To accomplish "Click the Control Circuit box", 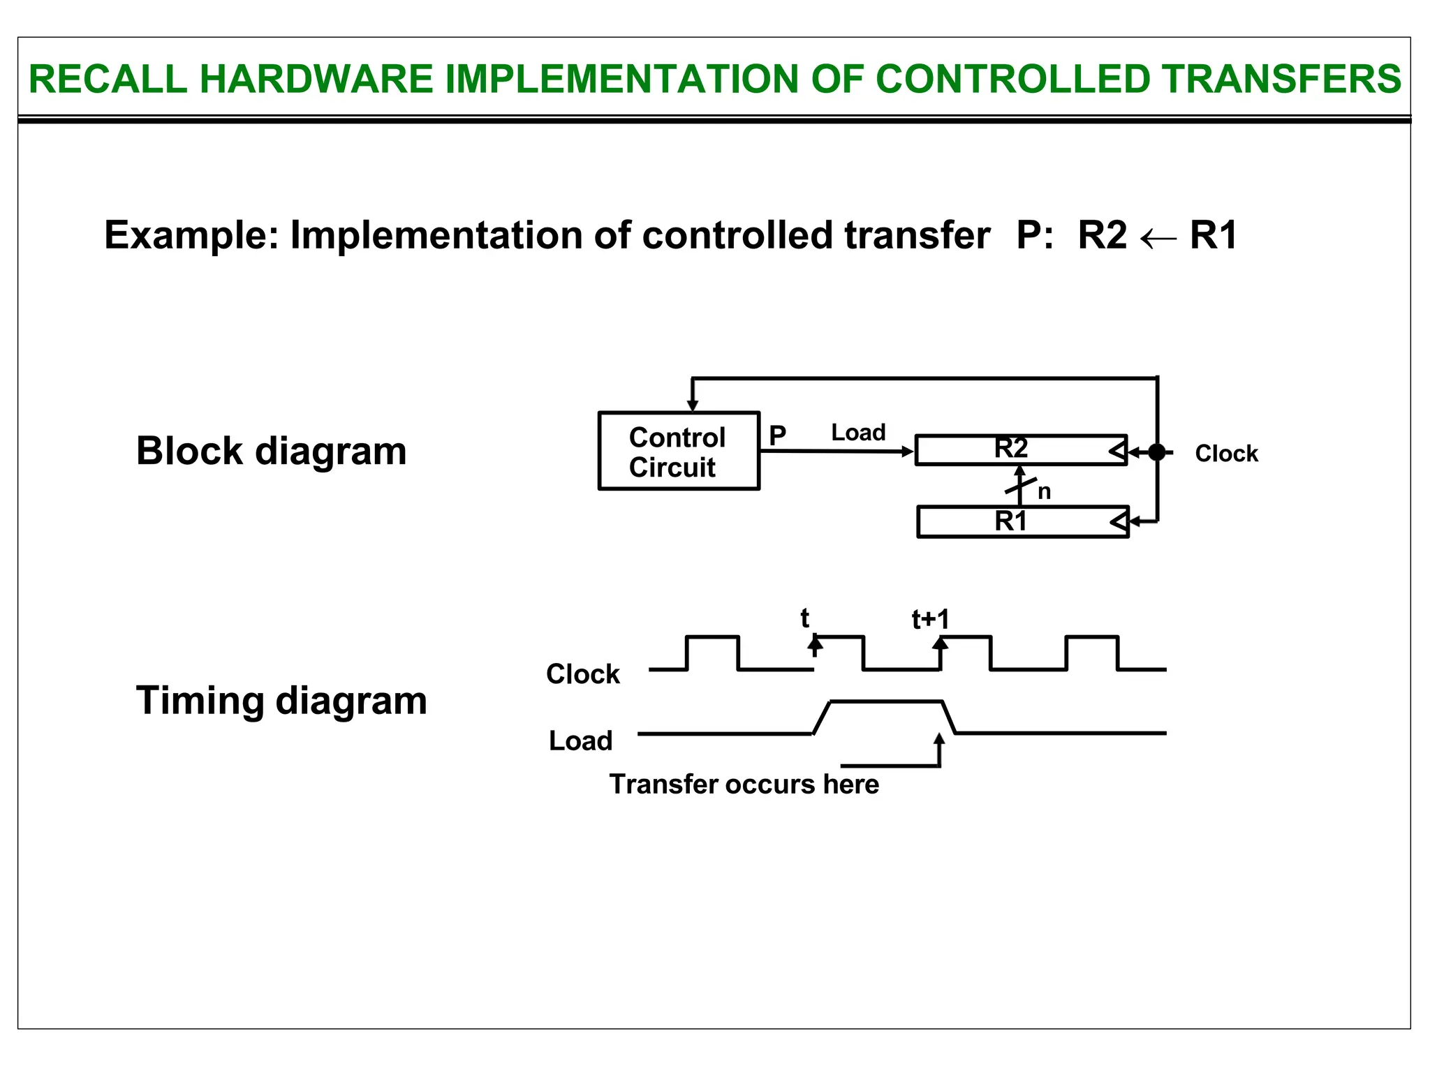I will (678, 451).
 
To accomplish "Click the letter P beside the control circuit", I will (777, 435).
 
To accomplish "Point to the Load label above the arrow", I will (858, 433).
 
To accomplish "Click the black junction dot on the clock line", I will (1157, 452).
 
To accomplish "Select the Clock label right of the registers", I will (1226, 454).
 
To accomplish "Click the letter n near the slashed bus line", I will (1044, 492).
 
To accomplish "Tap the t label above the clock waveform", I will (804, 618).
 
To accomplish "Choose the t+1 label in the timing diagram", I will (931, 620).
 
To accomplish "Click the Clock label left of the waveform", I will (582, 674).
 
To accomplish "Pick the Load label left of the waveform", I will (580, 740).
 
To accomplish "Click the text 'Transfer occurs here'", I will (744, 784).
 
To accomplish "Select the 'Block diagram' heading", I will (271, 451).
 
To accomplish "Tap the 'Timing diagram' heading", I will (281, 700).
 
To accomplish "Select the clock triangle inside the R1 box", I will (1119, 521).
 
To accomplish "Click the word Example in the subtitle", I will (191, 235).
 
